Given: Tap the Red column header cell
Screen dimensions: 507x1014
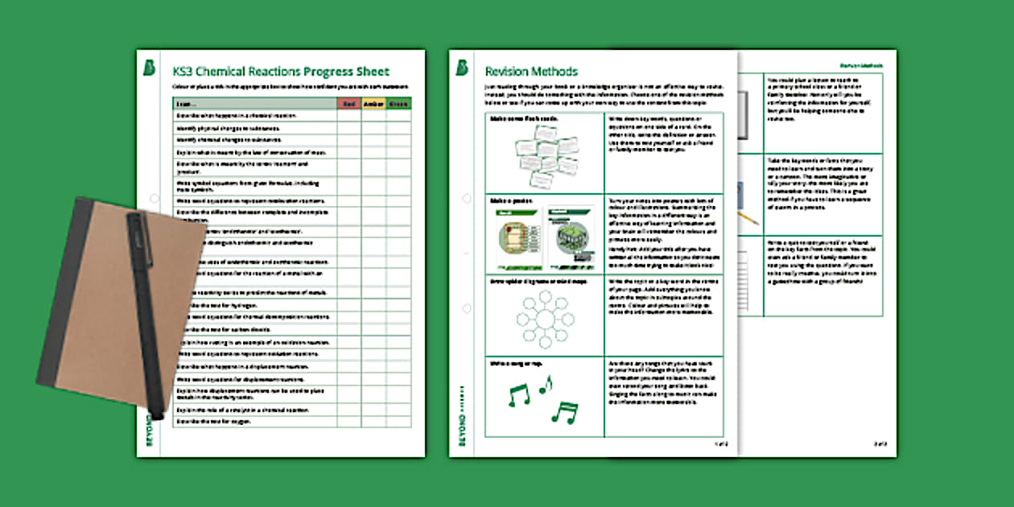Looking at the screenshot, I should [348, 104].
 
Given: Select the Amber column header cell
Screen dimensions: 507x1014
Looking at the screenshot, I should [373, 104].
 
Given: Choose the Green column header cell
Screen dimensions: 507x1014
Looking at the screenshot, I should [398, 104].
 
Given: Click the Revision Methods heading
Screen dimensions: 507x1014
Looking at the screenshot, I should [531, 72].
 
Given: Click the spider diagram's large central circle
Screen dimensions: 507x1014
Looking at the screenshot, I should [543, 317].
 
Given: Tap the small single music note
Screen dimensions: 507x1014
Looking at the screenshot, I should [546, 385].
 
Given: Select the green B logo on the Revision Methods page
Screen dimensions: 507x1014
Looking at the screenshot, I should [462, 68].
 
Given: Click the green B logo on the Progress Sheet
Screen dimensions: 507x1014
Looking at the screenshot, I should [150, 68].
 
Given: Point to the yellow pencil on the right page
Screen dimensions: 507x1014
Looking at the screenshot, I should [748, 216].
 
